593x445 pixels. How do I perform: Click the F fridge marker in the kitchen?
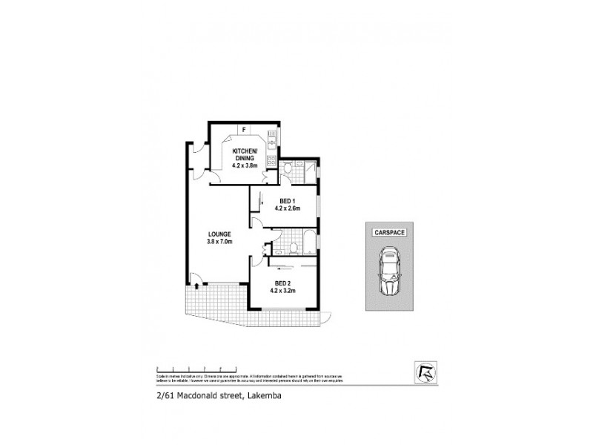244,130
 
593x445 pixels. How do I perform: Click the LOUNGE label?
220,234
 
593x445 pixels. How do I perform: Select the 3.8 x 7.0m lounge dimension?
220,243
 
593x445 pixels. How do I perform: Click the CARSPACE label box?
389,232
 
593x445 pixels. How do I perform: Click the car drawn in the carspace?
389,272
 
